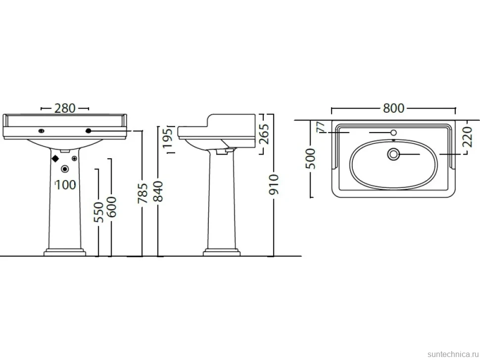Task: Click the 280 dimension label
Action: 65,108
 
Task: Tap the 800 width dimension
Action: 394,108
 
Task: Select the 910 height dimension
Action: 274,184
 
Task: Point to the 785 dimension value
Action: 143,193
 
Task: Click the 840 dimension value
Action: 158,191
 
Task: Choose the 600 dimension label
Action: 111,207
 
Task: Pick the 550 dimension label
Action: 98,212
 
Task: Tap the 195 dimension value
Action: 168,138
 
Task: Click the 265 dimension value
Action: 264,134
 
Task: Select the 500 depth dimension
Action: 310,158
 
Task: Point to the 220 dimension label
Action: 467,136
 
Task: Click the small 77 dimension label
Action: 321,127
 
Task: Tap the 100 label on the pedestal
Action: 65,185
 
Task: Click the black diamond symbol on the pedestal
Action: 55,158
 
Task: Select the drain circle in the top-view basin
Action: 393,154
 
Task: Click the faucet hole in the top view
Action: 394,133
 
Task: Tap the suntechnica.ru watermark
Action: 453,354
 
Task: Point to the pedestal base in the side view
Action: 222,252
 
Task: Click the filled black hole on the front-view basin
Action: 89,131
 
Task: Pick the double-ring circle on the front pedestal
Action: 65,169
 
